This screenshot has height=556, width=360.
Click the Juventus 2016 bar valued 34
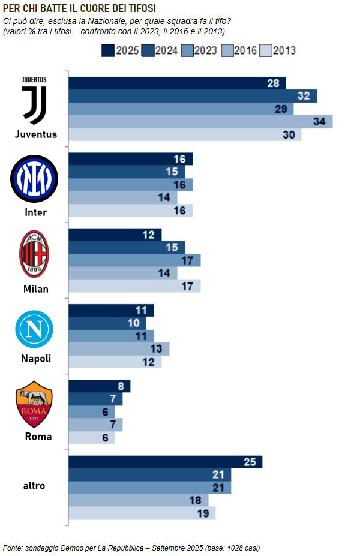[x=200, y=122]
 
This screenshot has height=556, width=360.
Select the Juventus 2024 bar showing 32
[x=193, y=96]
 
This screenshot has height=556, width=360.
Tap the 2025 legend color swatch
[x=108, y=50]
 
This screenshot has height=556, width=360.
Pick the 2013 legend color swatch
[x=266, y=50]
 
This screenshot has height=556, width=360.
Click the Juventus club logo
[x=34, y=100]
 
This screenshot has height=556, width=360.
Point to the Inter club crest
[x=34, y=179]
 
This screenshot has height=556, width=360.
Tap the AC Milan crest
[x=34, y=254]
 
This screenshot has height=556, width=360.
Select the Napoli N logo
[x=34, y=329]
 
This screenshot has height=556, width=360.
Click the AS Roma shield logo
[x=34, y=404]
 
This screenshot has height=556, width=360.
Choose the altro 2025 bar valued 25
[x=165, y=462]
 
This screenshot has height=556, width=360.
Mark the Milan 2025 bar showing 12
[x=115, y=235]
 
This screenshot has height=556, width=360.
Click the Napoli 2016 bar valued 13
[x=119, y=349]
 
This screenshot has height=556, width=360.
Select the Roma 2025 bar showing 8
[x=100, y=386]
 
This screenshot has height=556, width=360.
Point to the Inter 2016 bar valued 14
[x=123, y=197]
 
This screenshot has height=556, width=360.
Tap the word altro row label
[x=34, y=486]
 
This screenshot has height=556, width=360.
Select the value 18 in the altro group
[x=195, y=500]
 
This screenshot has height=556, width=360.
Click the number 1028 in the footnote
[x=234, y=548]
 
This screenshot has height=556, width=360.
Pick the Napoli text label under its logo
[x=36, y=359]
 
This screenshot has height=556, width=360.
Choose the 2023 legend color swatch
[x=187, y=50]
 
